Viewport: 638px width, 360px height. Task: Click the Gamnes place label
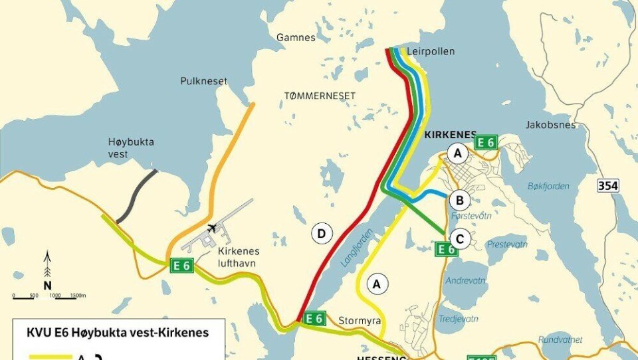click(296, 38)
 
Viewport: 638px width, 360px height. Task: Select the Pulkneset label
click(203, 81)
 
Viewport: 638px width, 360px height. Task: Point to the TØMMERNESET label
click(320, 96)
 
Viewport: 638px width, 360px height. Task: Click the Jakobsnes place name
click(547, 124)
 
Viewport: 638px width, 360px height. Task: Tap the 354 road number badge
click(607, 186)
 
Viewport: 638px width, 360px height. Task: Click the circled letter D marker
click(322, 233)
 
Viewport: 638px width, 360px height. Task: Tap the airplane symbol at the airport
click(212, 228)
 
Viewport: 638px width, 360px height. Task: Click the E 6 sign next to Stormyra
click(314, 318)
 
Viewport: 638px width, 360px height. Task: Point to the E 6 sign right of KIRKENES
click(486, 142)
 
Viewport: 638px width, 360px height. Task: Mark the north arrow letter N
click(47, 285)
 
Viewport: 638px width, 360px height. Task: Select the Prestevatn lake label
click(506, 244)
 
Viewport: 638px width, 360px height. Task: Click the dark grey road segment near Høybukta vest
click(137, 197)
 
